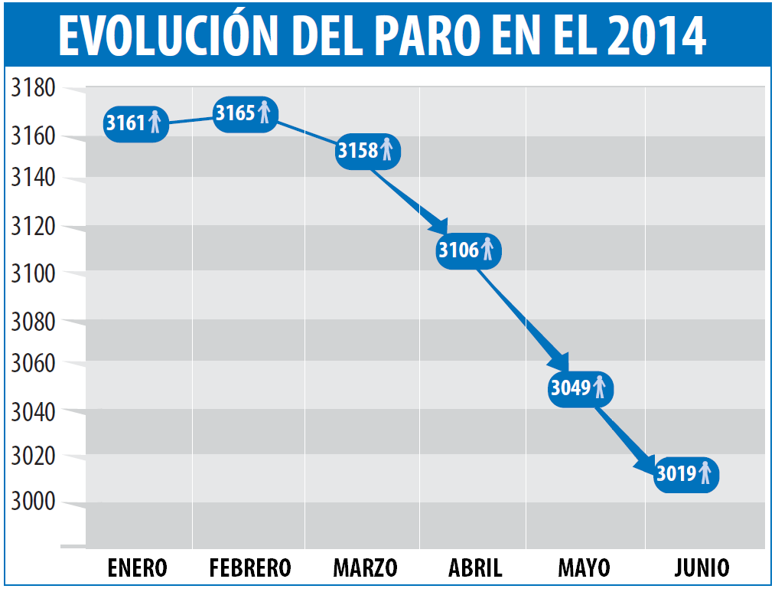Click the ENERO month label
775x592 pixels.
coord(138,568)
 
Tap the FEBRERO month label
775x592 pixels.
coord(250,568)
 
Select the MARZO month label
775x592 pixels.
coord(365,568)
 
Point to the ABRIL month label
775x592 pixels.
coord(475,568)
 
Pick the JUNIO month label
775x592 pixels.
coord(702,568)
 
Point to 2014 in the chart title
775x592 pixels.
coord(657,34)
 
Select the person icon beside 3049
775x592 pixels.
coord(600,387)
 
